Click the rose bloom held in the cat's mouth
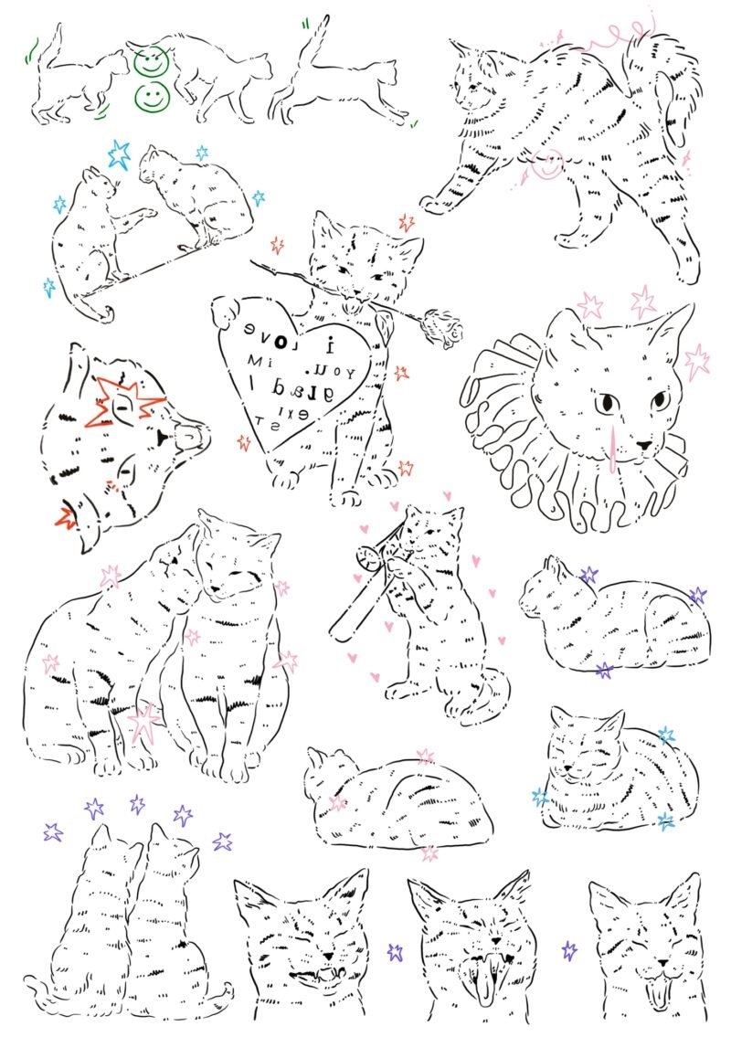[447, 328]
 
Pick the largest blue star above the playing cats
[119, 154]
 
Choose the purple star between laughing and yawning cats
[396, 951]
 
